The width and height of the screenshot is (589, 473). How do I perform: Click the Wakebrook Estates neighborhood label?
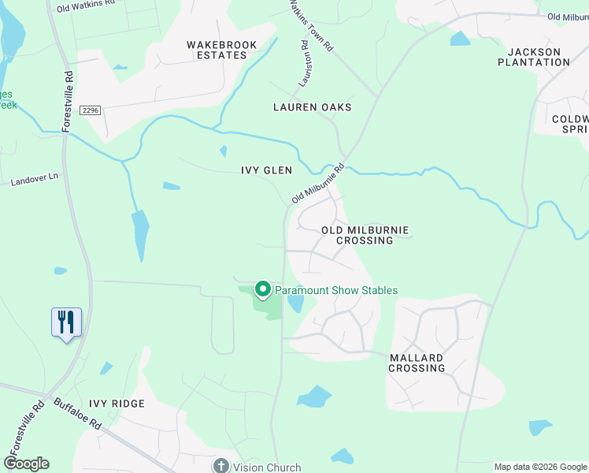[222, 50]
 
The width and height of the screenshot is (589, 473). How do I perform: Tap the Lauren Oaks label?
[312, 107]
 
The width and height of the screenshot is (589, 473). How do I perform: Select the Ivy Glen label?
[266, 170]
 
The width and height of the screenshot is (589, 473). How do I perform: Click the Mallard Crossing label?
[417, 363]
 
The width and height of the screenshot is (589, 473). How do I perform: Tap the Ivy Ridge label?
[117, 404]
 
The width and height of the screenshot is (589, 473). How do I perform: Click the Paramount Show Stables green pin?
[262, 289]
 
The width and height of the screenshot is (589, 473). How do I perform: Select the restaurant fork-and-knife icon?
[66, 322]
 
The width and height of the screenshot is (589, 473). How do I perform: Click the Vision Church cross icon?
[221, 467]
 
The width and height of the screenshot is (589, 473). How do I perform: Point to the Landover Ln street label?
[35, 181]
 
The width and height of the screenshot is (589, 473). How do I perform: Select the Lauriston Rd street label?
[303, 62]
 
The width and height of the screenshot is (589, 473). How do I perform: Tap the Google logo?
[26, 464]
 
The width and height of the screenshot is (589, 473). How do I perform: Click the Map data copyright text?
[539, 467]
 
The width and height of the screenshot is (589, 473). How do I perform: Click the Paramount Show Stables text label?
[335, 290]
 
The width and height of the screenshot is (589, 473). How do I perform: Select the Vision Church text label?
[267, 467]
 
